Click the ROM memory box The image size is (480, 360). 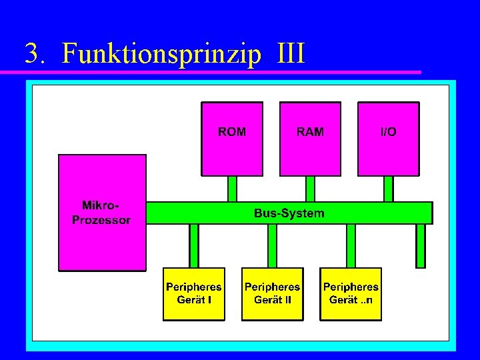(232, 138)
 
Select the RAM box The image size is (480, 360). (310, 138)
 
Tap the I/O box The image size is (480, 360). (388, 138)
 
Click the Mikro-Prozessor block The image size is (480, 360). (102, 212)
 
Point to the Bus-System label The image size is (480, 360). (289, 213)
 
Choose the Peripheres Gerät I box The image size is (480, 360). (194, 293)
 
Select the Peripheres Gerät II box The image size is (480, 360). (272, 293)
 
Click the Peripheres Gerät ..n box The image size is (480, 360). (351, 293)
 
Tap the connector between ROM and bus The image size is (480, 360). (232, 189)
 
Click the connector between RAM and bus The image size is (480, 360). (310, 189)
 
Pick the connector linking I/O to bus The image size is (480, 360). (388, 189)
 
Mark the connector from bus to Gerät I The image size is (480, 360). (194, 245)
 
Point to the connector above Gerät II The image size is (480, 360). (272, 245)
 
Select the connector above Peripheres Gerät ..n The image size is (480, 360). (351, 245)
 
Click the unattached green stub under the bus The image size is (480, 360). (420, 245)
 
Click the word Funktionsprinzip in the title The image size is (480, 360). (161, 54)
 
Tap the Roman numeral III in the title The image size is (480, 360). (289, 53)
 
